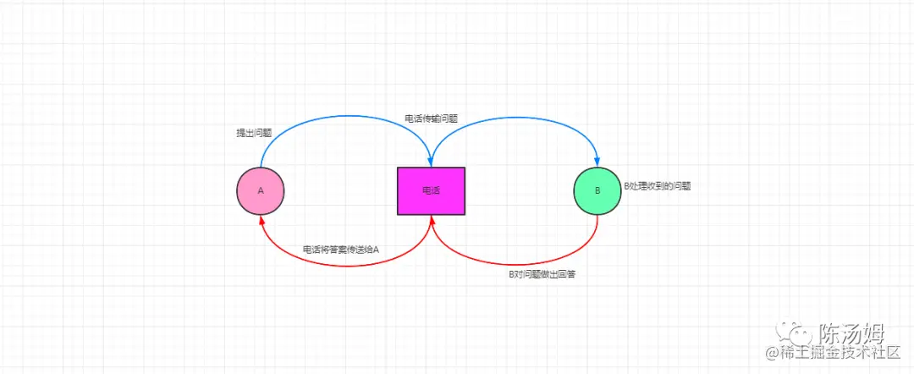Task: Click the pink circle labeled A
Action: click(x=261, y=190)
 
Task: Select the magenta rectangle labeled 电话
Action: click(x=431, y=190)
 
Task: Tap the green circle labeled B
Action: click(x=597, y=190)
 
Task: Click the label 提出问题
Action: click(x=254, y=133)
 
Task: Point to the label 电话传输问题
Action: click(x=431, y=119)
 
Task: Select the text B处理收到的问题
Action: click(x=657, y=185)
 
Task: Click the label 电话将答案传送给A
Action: click(x=341, y=250)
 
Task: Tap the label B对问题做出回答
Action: click(x=542, y=276)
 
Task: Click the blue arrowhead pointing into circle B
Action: click(x=597, y=162)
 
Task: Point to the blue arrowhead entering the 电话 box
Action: click(x=432, y=162)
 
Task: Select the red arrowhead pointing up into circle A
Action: click(x=261, y=218)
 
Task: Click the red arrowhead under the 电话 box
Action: click(x=432, y=220)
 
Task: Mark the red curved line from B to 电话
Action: click(x=516, y=264)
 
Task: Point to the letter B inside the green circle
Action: click(x=597, y=190)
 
